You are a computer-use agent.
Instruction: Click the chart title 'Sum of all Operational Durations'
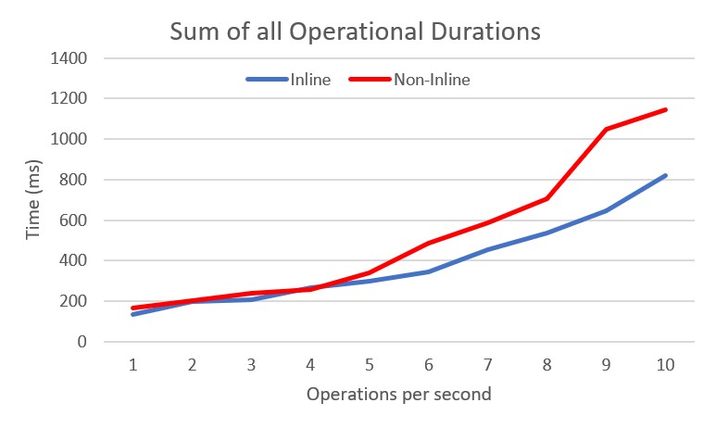point(355,31)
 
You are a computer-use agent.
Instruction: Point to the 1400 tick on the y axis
point(70,58)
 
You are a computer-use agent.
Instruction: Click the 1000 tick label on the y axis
point(70,139)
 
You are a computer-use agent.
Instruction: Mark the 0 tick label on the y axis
point(82,342)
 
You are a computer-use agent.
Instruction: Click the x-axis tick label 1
point(133,364)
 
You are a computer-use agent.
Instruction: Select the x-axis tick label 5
point(370,364)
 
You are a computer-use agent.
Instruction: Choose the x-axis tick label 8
point(547,364)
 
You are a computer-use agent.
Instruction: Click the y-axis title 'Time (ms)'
point(33,200)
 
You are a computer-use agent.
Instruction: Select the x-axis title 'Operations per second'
point(399,393)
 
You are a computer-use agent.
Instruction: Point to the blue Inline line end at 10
point(665,176)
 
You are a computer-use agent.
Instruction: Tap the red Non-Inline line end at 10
point(665,110)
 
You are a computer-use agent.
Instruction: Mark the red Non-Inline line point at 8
point(547,198)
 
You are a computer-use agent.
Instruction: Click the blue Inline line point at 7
point(488,249)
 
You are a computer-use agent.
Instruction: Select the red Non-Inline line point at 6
point(429,243)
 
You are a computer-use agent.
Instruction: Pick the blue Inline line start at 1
point(133,314)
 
